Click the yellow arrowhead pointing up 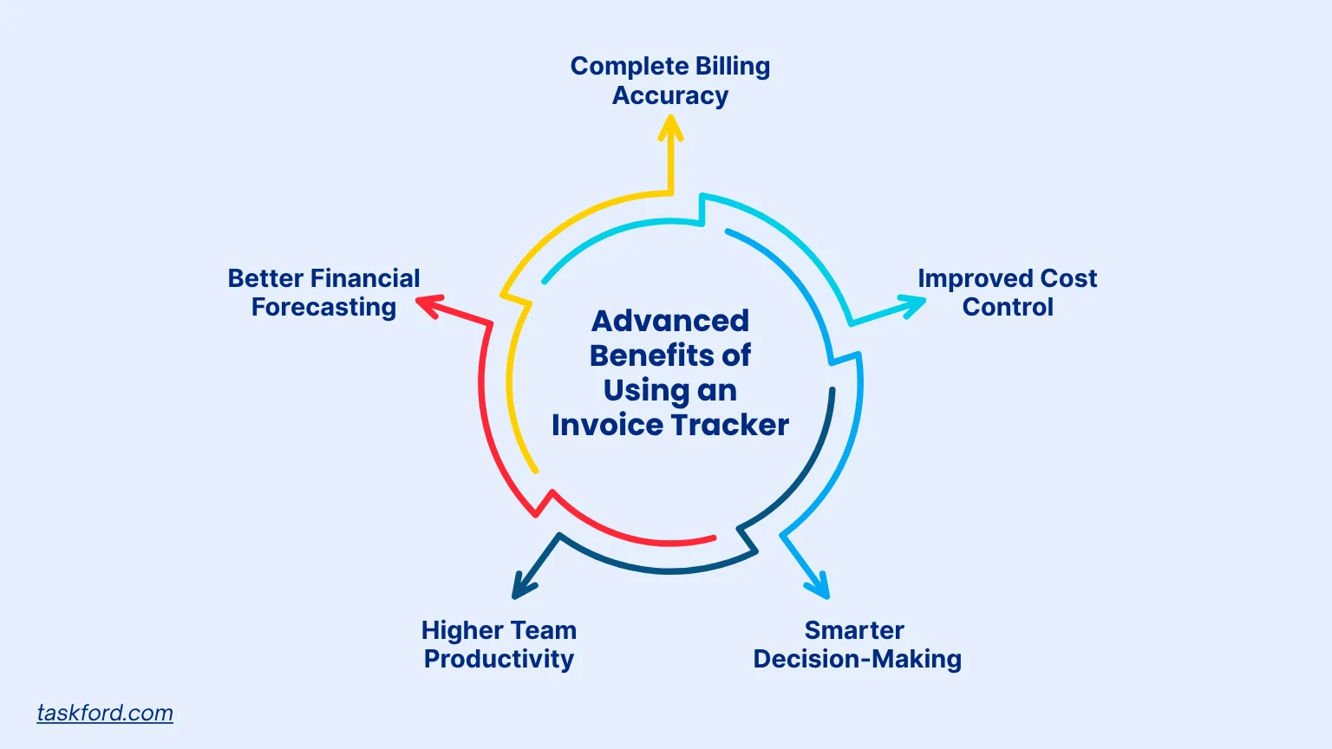(x=670, y=129)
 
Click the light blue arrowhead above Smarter (x=820, y=587)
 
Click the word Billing (x=731, y=67)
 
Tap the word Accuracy (x=670, y=95)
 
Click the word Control (x=1008, y=307)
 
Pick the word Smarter (x=854, y=630)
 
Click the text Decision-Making (x=857, y=659)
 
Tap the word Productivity (x=499, y=659)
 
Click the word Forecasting (x=323, y=307)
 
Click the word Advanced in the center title (x=670, y=321)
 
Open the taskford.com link (x=105, y=713)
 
